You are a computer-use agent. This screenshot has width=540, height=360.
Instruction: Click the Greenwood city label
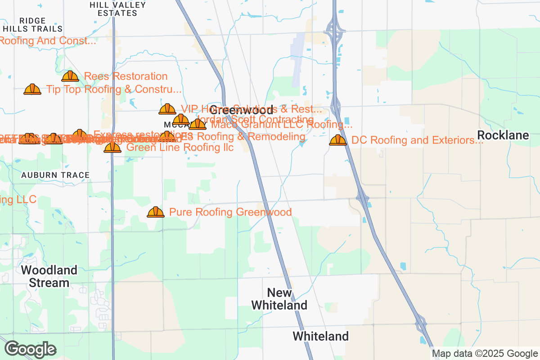[x=241, y=110]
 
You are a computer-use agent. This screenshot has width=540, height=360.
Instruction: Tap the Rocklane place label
[x=503, y=135]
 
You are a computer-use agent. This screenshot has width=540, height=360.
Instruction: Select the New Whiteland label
[x=279, y=299]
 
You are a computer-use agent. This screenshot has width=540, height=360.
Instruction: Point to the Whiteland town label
[x=320, y=336]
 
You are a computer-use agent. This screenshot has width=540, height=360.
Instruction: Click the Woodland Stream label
[x=49, y=276]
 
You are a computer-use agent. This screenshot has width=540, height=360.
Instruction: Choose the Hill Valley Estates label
[x=118, y=9]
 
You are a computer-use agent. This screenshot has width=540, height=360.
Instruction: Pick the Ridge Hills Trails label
[x=32, y=25]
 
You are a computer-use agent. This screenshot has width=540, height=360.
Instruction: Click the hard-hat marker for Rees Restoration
[x=70, y=76]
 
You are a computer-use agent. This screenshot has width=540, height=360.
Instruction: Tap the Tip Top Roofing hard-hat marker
[x=32, y=89]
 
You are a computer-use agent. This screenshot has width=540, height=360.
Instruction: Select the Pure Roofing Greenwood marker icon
[x=156, y=212]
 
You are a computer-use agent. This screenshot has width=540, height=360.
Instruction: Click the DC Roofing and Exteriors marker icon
[x=338, y=140]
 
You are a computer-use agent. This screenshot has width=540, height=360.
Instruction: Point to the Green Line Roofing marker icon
[x=112, y=147]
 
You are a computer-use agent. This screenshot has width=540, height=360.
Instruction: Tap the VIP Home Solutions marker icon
[x=167, y=109]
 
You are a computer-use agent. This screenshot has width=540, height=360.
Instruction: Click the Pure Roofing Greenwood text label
[x=230, y=212]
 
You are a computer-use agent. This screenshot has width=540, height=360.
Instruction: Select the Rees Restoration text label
[x=126, y=76]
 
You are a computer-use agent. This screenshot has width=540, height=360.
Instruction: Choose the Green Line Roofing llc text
[x=180, y=147]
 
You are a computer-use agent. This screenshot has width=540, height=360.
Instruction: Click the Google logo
[x=31, y=349]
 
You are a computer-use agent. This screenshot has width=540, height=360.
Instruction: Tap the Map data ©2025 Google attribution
[x=485, y=354]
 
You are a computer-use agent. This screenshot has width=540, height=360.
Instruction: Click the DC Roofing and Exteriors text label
[x=417, y=140]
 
